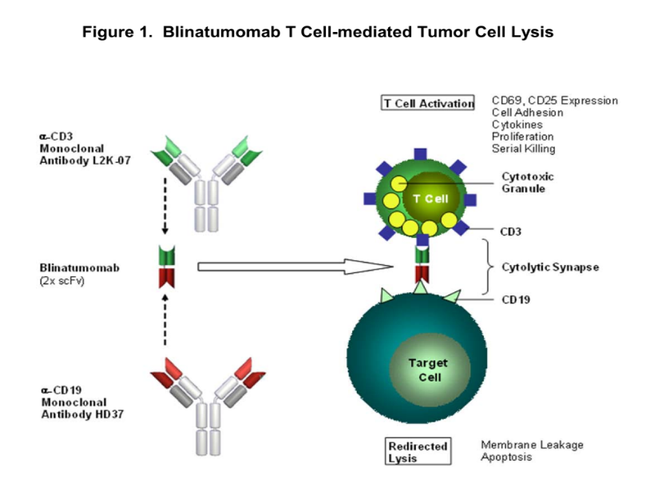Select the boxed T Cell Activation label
tap(428, 103)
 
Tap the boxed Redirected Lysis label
tap(418, 452)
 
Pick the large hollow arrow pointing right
tap(295, 266)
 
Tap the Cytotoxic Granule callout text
tap(527, 182)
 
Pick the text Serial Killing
tap(524, 148)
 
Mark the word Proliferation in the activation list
tap(520, 137)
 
